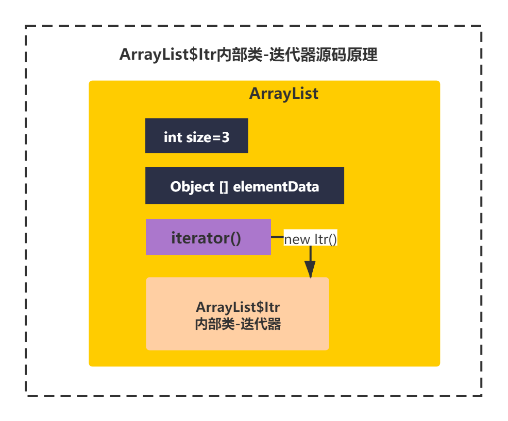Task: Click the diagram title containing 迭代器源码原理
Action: tap(248, 55)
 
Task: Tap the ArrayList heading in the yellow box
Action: tap(284, 94)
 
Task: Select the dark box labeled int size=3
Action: tap(197, 135)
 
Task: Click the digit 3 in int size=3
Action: tap(226, 137)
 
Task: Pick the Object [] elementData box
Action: tap(245, 185)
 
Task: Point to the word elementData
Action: tap(276, 187)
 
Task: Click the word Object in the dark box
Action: tap(193, 187)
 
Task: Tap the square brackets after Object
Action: tap(224, 187)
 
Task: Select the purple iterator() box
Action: tap(208, 237)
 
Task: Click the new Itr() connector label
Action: tap(310, 239)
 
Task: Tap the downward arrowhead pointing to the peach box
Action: tap(310, 269)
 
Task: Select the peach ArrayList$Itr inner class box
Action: tap(238, 313)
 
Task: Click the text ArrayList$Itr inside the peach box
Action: tap(238, 307)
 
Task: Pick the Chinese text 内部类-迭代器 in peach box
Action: tap(238, 324)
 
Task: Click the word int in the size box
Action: tap(173, 137)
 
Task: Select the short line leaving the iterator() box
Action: tap(277, 237)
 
